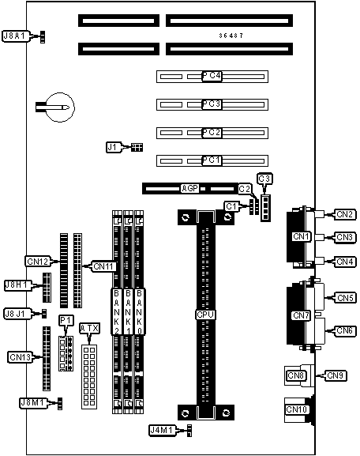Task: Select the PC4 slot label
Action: [x=212, y=76]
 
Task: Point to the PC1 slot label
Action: [x=212, y=160]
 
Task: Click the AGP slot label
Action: [x=190, y=188]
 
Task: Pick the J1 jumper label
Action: [x=113, y=147]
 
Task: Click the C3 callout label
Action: [x=264, y=179]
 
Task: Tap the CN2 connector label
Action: [x=345, y=214]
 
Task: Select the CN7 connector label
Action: [x=302, y=315]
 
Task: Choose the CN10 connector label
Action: [x=296, y=409]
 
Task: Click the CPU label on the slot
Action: [x=205, y=315]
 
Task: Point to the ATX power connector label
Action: [x=90, y=328]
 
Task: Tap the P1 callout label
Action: [x=66, y=321]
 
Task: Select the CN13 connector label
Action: [x=20, y=357]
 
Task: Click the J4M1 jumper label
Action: [x=163, y=430]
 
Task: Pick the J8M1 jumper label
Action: [x=33, y=403]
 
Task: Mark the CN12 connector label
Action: [x=38, y=262]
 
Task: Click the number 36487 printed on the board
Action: [x=231, y=36]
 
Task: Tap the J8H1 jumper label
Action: [x=17, y=285]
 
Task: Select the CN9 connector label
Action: [x=336, y=375]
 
